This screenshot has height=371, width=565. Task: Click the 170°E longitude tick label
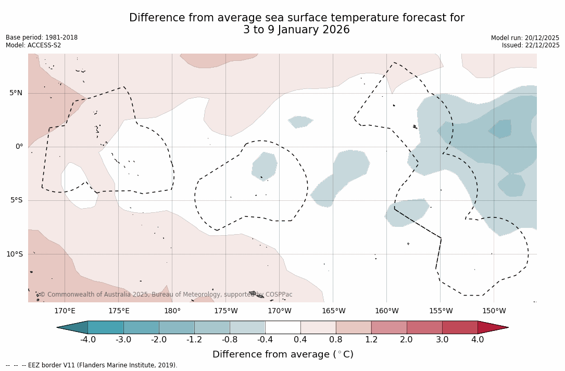65,311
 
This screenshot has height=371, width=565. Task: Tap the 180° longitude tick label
172,311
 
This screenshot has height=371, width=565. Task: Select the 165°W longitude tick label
333,311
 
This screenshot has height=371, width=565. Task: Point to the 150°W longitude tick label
494,311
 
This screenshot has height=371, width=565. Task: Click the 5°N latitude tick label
16,93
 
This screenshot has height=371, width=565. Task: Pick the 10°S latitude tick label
14,254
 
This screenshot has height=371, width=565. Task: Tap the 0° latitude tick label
19,147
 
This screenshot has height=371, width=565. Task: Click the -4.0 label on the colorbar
87,340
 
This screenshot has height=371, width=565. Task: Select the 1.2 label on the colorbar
371,340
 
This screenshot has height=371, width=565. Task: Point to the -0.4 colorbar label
265,340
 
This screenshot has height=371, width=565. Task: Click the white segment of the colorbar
283,327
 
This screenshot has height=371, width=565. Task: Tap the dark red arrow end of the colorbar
492,327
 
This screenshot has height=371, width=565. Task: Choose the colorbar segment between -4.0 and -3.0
106,327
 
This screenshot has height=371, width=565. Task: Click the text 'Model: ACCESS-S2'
33,45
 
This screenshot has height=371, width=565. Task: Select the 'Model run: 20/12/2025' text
525,38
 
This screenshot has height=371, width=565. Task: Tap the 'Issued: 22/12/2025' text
531,45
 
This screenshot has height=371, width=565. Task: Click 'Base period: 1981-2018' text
42,37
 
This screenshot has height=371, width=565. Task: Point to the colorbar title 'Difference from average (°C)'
283,354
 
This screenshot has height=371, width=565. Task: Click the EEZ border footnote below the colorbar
92,365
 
